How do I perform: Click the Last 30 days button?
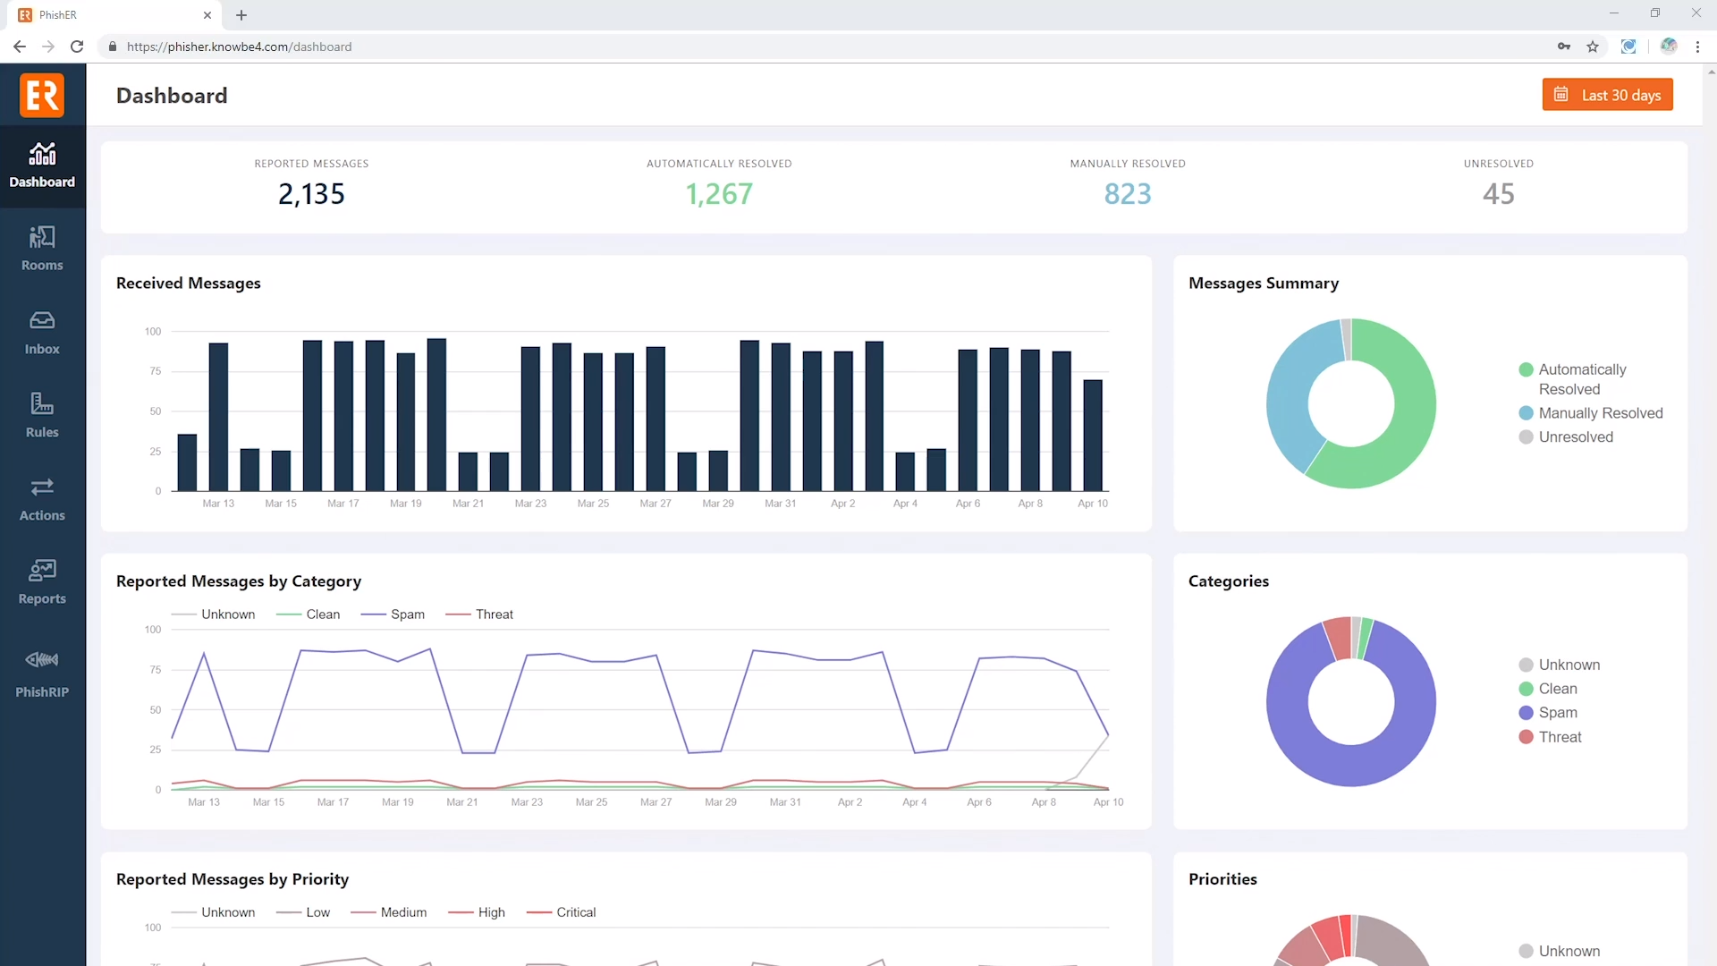pyautogui.click(x=1607, y=95)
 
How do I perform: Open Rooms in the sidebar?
pyautogui.click(x=42, y=248)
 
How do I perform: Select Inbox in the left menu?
pyautogui.click(x=42, y=332)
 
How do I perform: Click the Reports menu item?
pyautogui.click(x=42, y=581)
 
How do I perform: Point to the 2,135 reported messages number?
pyautogui.click(x=311, y=194)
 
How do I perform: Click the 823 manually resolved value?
pyautogui.click(x=1127, y=194)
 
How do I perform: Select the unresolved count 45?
pyautogui.click(x=1498, y=194)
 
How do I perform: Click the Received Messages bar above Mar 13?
pyautogui.click(x=218, y=416)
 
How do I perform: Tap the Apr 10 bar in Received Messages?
pyautogui.click(x=1092, y=435)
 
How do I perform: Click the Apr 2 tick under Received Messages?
pyautogui.click(x=842, y=504)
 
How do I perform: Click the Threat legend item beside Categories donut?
pyautogui.click(x=1559, y=737)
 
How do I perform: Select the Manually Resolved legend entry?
pyautogui.click(x=1599, y=413)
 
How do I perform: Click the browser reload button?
pyautogui.click(x=77, y=47)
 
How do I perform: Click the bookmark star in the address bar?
pyautogui.click(x=1593, y=47)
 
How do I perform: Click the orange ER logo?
pyautogui.click(x=42, y=95)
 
